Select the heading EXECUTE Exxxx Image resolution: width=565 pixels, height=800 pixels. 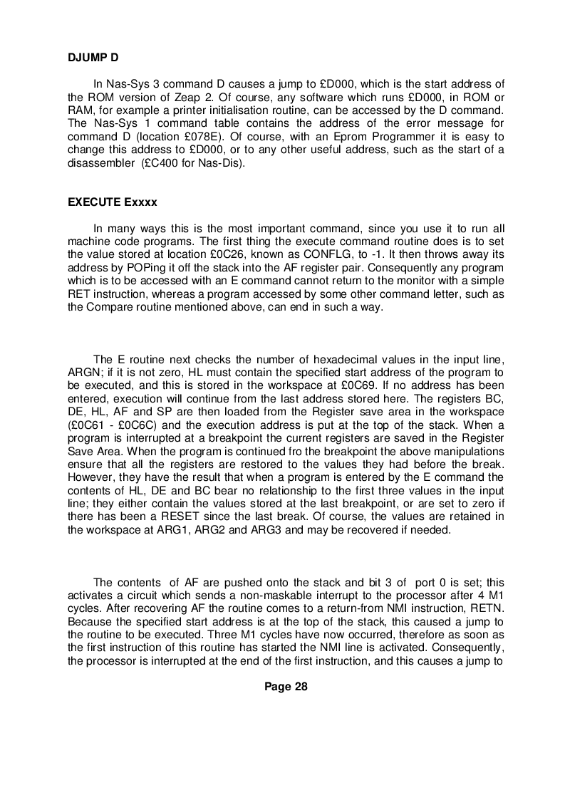[112, 202]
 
